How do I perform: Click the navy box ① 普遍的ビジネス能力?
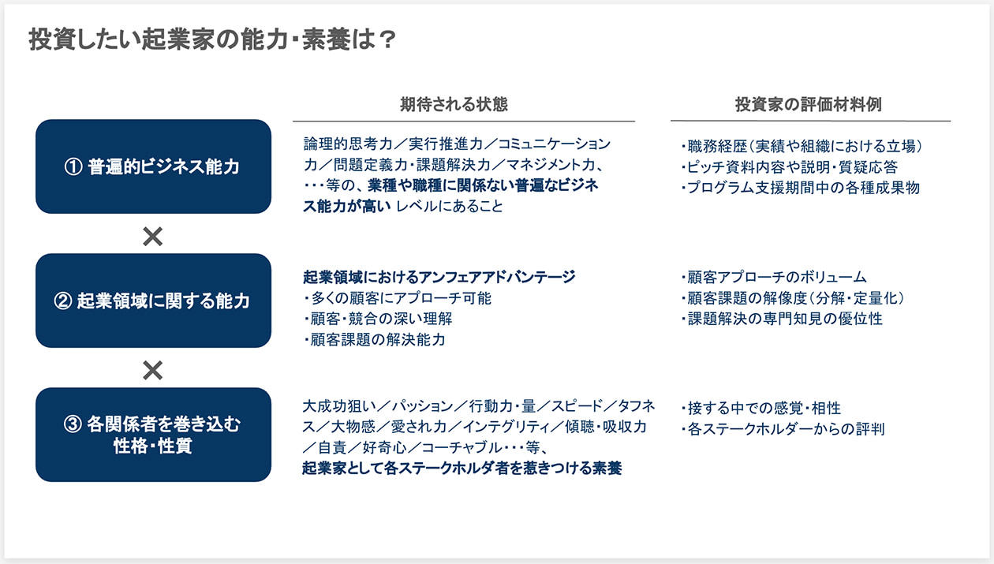pyautogui.click(x=153, y=166)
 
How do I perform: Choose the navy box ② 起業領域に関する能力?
pyautogui.click(x=153, y=301)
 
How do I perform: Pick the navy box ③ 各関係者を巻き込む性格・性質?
pyautogui.click(x=153, y=435)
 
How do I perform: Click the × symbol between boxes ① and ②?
pyautogui.click(x=152, y=236)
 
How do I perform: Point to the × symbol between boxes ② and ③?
pyautogui.click(x=152, y=370)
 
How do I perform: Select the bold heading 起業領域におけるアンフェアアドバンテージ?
pyautogui.click(x=439, y=277)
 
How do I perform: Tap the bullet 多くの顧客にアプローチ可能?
pyautogui.click(x=398, y=298)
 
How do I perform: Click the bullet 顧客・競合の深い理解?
pyautogui.click(x=379, y=319)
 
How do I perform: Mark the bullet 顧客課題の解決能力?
pyautogui.click(x=376, y=340)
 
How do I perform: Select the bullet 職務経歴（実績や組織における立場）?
pyautogui.click(x=801, y=146)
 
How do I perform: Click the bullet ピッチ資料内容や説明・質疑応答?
pyautogui.click(x=788, y=167)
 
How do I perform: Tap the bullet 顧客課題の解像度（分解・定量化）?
pyautogui.click(x=791, y=298)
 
